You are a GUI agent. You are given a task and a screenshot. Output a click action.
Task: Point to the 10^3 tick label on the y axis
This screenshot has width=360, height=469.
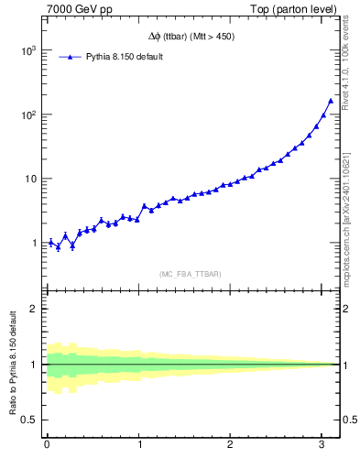tap(27, 51)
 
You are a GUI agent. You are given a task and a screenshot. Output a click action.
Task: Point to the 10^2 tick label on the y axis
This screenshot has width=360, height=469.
tap(27, 115)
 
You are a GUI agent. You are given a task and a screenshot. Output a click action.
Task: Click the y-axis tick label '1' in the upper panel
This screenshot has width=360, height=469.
tap(32, 244)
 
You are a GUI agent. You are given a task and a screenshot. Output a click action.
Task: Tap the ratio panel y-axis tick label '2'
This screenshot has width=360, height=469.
tap(32, 309)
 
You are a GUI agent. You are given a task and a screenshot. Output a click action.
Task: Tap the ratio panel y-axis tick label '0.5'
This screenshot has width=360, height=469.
tap(27, 420)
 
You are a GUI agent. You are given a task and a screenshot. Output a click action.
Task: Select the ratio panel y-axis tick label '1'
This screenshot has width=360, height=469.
tap(32, 365)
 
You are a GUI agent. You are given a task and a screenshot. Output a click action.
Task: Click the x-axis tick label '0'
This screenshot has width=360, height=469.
tap(47, 446)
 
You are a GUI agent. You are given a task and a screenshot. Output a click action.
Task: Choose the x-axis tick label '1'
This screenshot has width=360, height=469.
tap(139, 446)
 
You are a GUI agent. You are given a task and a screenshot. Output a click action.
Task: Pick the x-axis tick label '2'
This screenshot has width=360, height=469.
tap(231, 446)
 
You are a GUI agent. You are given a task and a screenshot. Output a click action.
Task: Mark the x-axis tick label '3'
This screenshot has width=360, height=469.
tap(322, 446)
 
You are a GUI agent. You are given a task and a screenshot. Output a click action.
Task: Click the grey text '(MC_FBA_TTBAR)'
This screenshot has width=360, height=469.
tap(191, 274)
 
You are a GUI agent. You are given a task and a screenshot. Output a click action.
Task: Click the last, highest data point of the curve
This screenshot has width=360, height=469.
tap(331, 101)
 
